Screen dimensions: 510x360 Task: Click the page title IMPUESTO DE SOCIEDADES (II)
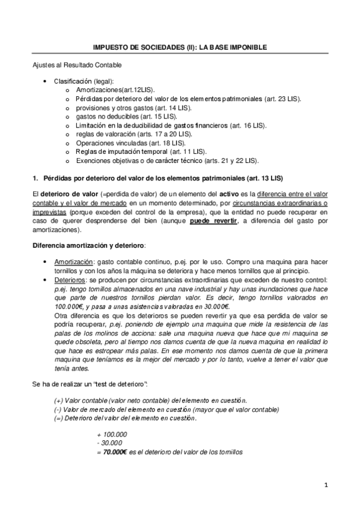tap(180, 46)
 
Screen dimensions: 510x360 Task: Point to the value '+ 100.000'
tap(112, 434)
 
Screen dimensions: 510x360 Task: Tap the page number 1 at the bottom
tap(325, 485)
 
